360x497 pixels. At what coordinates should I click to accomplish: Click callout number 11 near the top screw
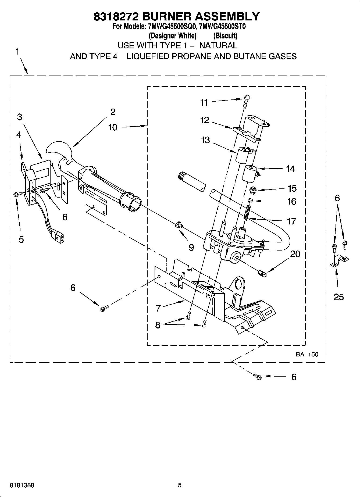204,102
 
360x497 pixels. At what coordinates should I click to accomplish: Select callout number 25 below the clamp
338,297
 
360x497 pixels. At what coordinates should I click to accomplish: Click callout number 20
295,254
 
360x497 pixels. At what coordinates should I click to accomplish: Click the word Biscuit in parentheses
225,35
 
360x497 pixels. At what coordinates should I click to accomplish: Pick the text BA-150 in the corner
307,354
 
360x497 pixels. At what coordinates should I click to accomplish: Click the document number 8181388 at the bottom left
22,485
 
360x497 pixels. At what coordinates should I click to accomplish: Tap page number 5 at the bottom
180,485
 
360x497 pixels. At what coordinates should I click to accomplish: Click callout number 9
191,247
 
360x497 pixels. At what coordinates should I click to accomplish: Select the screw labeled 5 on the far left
16,194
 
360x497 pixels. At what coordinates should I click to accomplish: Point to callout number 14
290,169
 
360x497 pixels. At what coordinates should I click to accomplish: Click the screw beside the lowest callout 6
258,377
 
